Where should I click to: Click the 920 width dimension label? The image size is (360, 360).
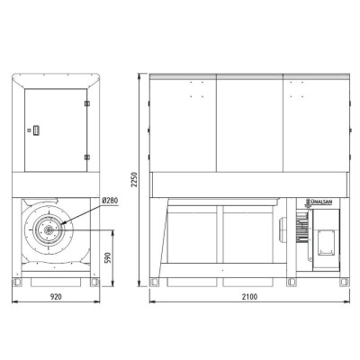[x=56, y=297]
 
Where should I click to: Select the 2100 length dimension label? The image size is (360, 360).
[x=249, y=297]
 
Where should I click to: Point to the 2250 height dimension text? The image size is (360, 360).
[x=134, y=179]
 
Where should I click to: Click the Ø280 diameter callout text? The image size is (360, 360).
[x=110, y=201]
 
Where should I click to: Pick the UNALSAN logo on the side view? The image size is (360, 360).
[x=319, y=202]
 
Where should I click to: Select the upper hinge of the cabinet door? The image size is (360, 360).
[x=87, y=103]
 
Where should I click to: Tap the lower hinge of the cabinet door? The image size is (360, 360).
[x=87, y=157]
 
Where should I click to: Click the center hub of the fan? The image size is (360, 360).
[x=48, y=230]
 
